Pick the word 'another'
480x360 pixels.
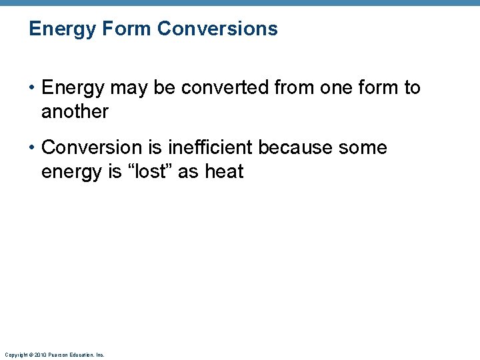pyautogui.click(x=75, y=112)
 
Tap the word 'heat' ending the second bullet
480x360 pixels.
pyautogui.click(x=224, y=171)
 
